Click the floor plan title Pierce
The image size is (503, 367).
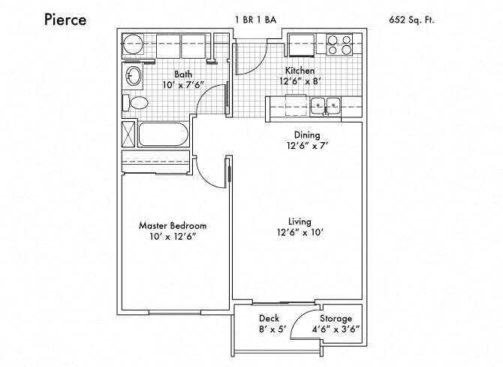tap(65, 20)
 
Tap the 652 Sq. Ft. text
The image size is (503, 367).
tap(411, 20)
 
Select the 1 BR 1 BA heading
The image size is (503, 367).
tap(256, 20)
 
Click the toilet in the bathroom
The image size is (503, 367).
tap(138, 103)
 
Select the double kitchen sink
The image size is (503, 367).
tap(326, 105)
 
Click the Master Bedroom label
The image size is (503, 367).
tap(173, 225)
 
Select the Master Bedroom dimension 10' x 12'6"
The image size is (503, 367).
tap(173, 237)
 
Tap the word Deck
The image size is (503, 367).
tap(269, 318)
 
